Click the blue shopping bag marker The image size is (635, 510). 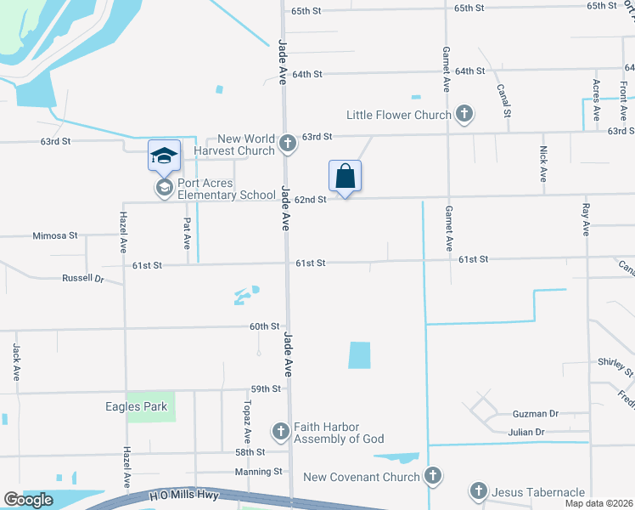(x=345, y=177)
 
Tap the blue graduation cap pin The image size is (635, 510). (x=164, y=156)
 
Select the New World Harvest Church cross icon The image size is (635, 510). (x=288, y=143)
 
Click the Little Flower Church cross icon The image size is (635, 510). (x=464, y=113)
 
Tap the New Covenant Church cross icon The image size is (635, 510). (x=433, y=476)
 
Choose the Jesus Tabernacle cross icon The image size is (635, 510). (x=478, y=491)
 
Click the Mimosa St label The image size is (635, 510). (x=55, y=235)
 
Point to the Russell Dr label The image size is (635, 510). (x=82, y=278)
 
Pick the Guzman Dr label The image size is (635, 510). (x=536, y=414)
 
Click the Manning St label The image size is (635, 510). (x=259, y=471)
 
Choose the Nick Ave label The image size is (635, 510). (x=543, y=163)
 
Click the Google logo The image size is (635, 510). (x=29, y=500)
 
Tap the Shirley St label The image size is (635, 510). (x=615, y=366)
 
